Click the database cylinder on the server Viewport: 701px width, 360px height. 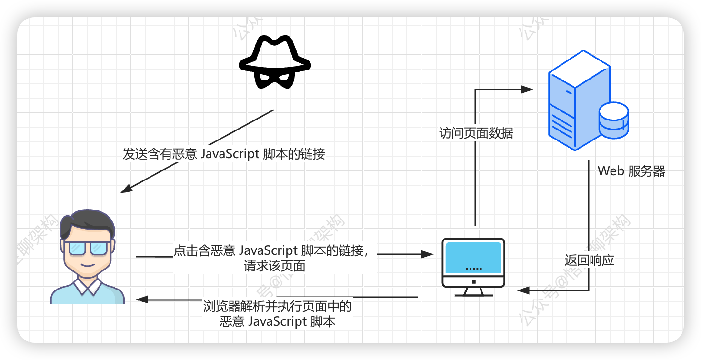click(x=613, y=120)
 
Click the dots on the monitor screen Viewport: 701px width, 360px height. click(x=473, y=269)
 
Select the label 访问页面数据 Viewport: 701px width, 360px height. click(x=476, y=133)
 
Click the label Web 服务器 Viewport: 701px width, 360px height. click(x=631, y=171)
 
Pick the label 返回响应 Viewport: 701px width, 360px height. click(x=589, y=260)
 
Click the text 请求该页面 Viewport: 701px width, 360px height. click(x=274, y=266)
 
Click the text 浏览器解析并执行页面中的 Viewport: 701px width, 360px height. click(x=277, y=306)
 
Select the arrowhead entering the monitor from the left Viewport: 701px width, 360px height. click(x=427, y=254)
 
